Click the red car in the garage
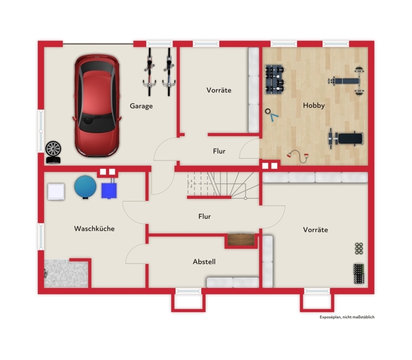pyautogui.click(x=97, y=106)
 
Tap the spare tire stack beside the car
pyautogui.click(x=54, y=152)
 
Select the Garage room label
pyautogui.click(x=141, y=106)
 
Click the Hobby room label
pyautogui.click(x=314, y=106)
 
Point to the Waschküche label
pyautogui.click(x=94, y=229)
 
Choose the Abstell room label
pyautogui.click(x=204, y=262)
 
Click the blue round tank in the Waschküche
pyautogui.click(x=85, y=187)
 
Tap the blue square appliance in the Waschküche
pyautogui.click(x=109, y=190)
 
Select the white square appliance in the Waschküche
pyautogui.click(x=56, y=192)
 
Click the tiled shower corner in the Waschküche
pyautogui.click(x=66, y=273)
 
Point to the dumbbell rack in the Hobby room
pyautogui.click(x=274, y=79)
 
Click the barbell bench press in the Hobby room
pyautogui.click(x=346, y=81)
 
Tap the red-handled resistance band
pyautogui.click(x=298, y=156)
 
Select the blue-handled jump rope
pyautogui.click(x=271, y=115)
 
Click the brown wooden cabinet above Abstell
pyautogui.click(x=241, y=239)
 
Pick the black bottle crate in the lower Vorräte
pyautogui.click(x=358, y=274)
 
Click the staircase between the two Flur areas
pyautogui.click(x=224, y=185)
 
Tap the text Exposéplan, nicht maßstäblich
pyautogui.click(x=347, y=317)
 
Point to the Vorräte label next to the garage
pyautogui.click(x=219, y=90)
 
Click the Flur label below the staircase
pyautogui.click(x=204, y=216)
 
